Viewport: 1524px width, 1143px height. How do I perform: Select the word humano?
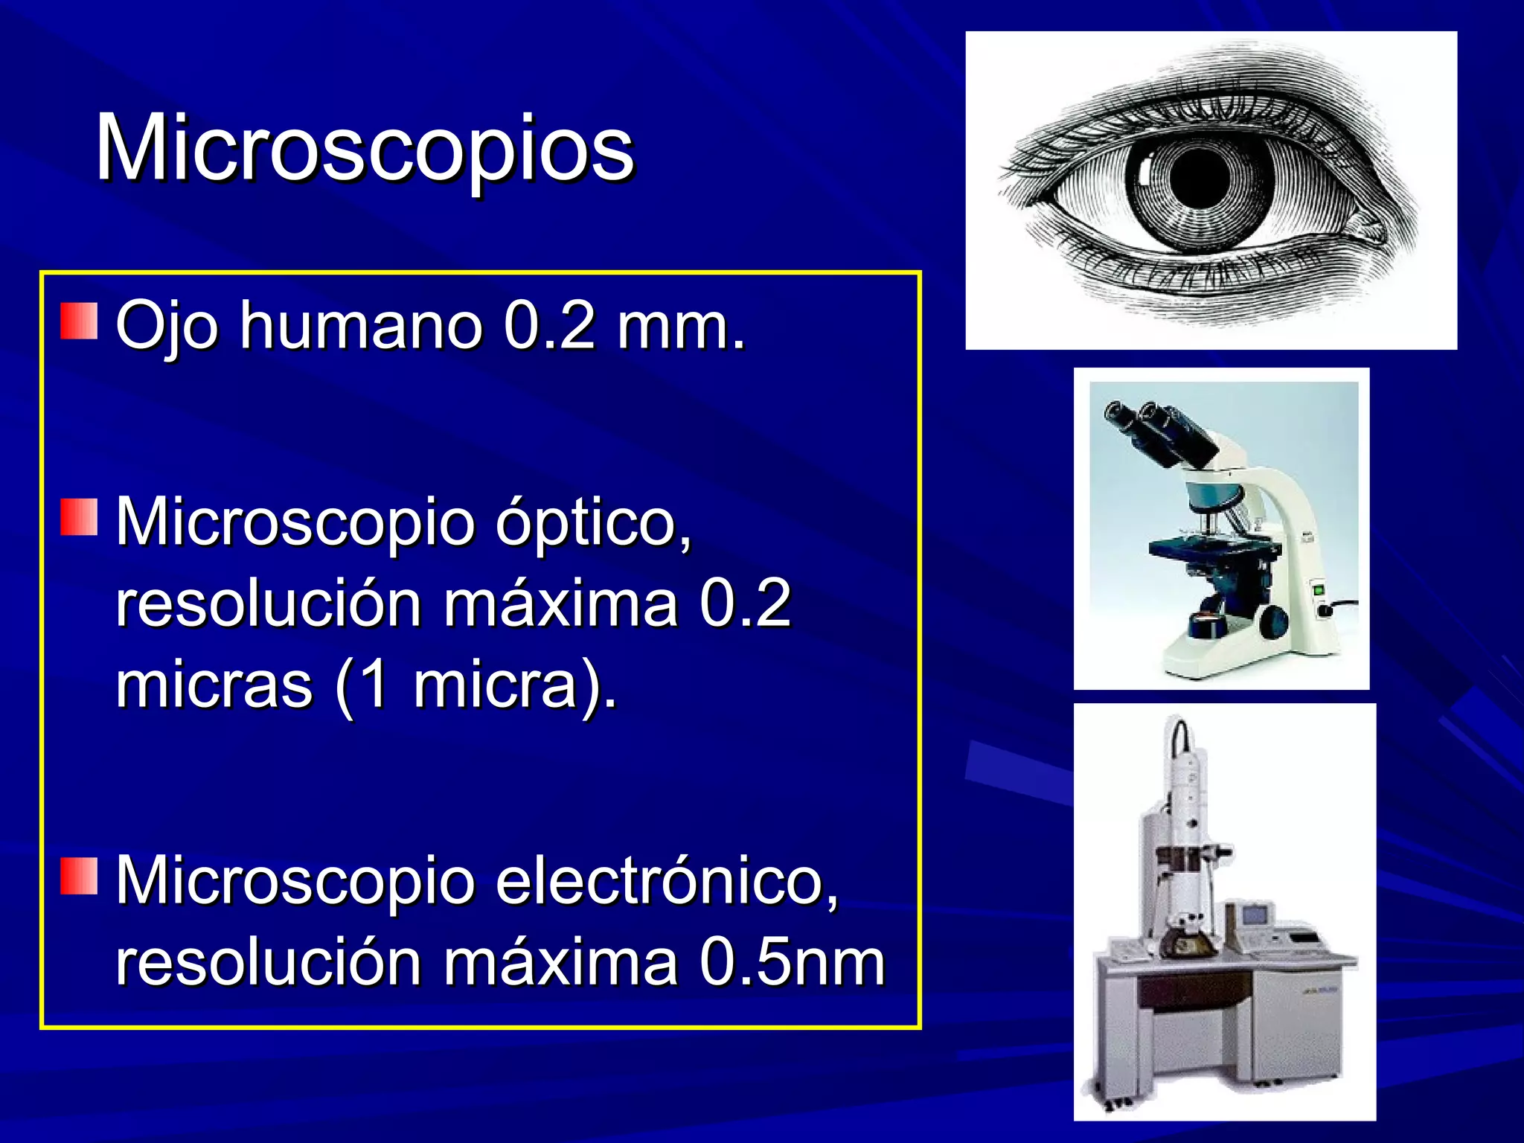pos(361,325)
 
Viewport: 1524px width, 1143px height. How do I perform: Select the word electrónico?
pos(667,881)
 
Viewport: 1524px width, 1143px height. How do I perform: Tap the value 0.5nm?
pos(793,963)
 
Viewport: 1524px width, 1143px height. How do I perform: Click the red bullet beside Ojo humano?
pos(79,321)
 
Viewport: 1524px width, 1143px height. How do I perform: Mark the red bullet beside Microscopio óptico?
pos(79,517)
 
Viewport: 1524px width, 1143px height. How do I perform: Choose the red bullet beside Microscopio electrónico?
pos(79,875)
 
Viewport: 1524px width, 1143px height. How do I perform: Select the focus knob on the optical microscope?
pos(1274,621)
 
